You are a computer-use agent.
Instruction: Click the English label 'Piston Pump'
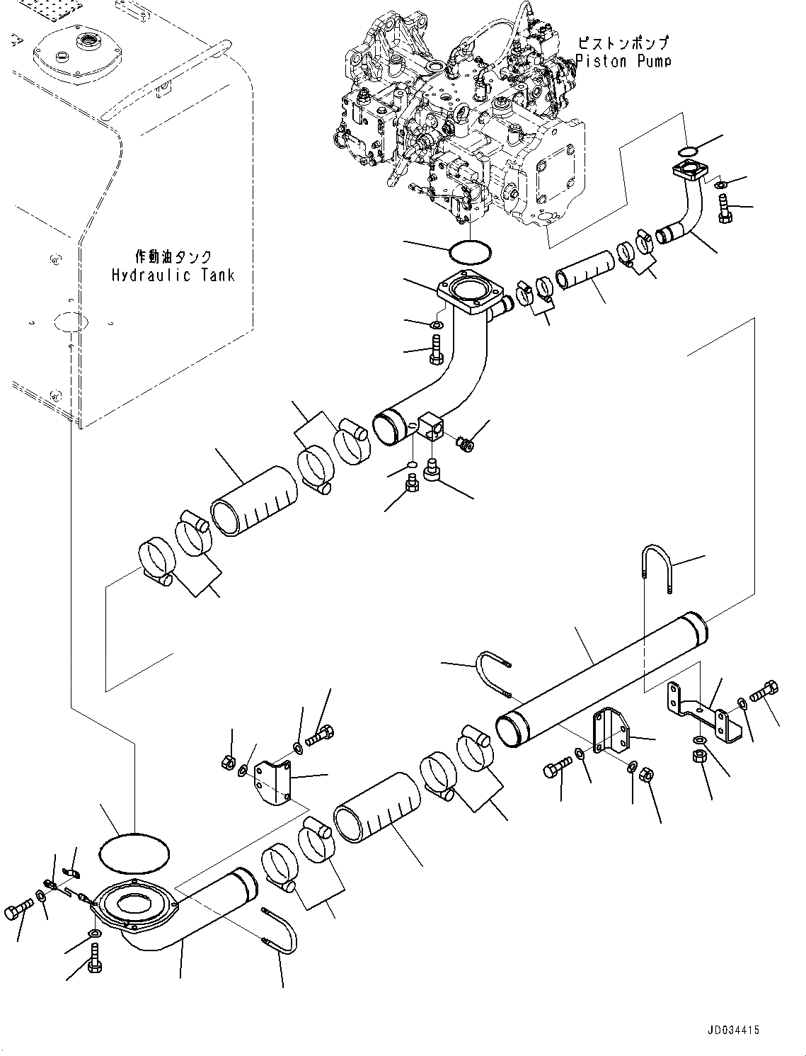tap(623, 61)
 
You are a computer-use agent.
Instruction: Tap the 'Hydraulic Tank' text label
tap(173, 275)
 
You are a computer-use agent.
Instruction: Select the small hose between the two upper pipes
tap(585, 270)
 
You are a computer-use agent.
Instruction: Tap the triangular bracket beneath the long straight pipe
tap(609, 733)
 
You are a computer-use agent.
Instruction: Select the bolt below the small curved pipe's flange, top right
tap(724, 209)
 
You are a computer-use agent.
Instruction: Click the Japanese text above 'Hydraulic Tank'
tap(173, 256)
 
